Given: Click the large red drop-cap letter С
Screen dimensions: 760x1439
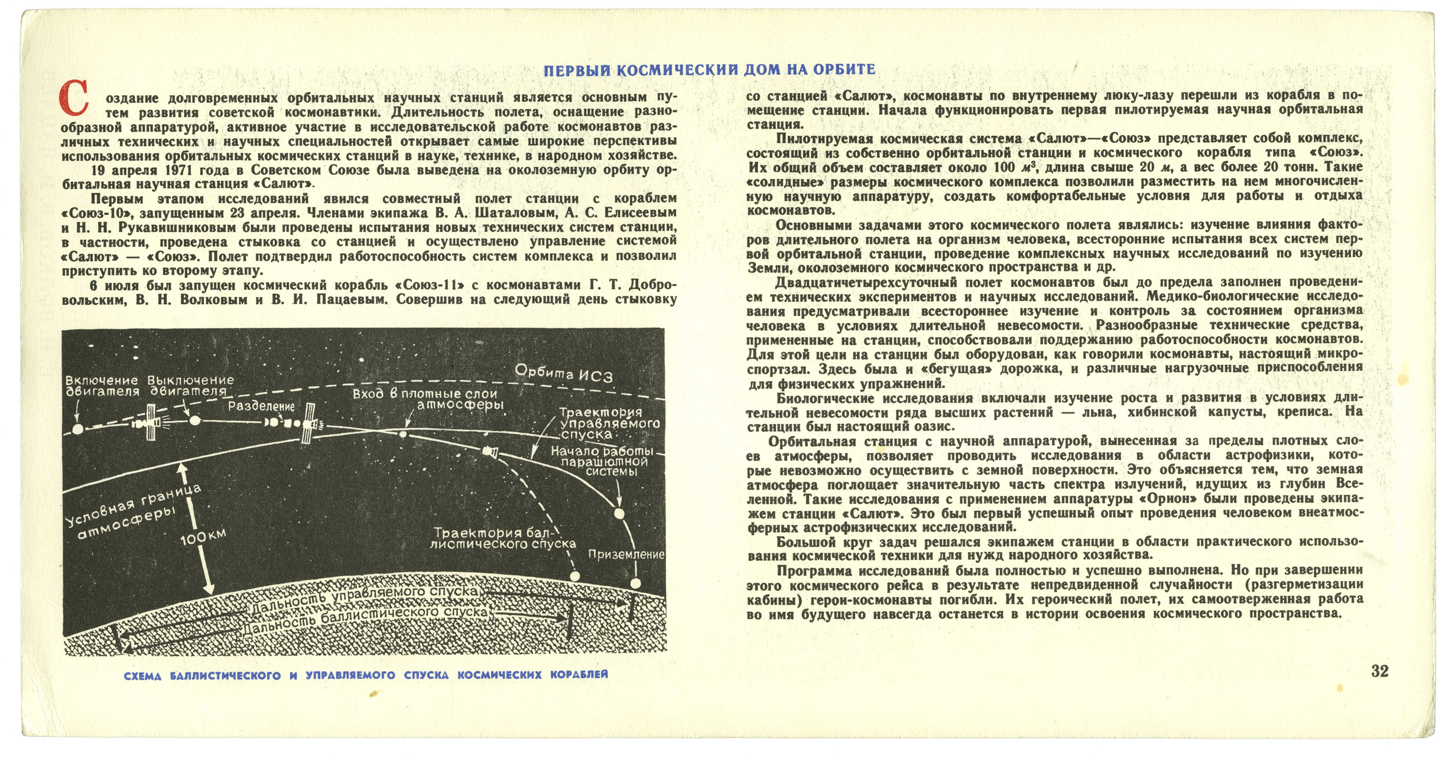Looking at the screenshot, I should pyautogui.click(x=74, y=99).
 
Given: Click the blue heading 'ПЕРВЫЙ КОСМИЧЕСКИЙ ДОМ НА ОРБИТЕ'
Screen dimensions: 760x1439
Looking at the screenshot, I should pyautogui.click(x=709, y=70).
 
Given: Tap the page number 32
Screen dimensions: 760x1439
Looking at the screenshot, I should pyautogui.click(x=1379, y=671).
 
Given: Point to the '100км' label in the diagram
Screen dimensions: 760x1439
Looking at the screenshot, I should pyautogui.click(x=203, y=537).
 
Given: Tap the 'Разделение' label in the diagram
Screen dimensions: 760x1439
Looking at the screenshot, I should pyautogui.click(x=261, y=406).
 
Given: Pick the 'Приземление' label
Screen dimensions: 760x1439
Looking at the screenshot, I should pyautogui.click(x=626, y=554).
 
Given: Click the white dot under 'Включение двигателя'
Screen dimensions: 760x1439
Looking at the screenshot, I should pyautogui.click(x=77, y=429).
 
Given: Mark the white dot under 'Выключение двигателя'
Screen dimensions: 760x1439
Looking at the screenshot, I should pyautogui.click(x=194, y=420).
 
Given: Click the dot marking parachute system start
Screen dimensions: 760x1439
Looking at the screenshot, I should pyautogui.click(x=619, y=514).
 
